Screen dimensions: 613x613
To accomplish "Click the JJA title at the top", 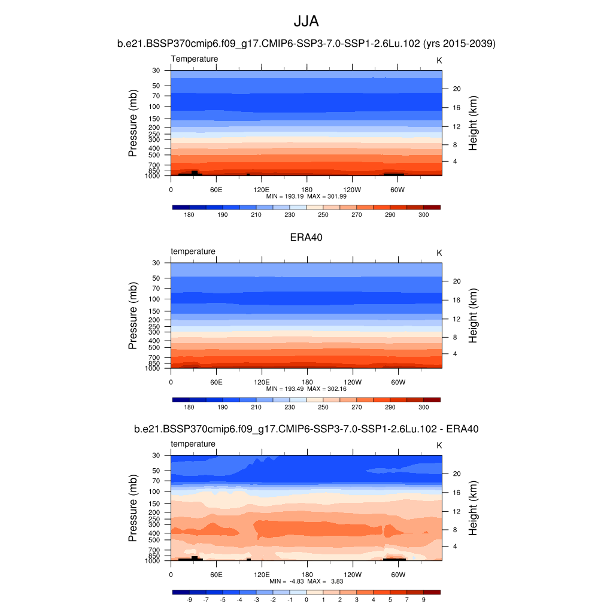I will point(306,22).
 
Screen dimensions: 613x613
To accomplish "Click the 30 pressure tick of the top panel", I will point(156,71).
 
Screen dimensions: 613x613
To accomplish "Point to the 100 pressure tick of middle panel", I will point(154,299).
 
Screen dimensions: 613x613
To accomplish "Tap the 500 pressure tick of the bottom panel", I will point(154,540).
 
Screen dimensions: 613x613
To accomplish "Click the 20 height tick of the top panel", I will point(456,89).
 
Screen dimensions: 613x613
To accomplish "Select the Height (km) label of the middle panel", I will point(473,315).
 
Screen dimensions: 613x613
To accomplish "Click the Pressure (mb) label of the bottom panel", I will point(133,508).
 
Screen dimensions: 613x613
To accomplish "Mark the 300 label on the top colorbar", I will point(423,214).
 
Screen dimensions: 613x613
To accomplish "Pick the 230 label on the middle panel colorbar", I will point(289,407).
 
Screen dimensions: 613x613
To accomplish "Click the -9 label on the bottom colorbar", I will point(189,599).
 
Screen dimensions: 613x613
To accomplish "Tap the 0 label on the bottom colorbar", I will point(306,599).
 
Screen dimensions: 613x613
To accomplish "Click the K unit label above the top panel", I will point(439,60).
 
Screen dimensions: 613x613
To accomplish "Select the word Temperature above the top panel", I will point(195,59).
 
